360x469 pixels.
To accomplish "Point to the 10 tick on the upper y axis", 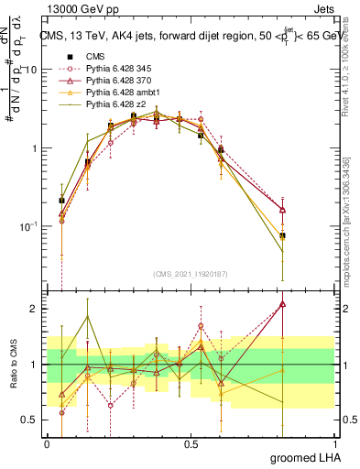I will [32, 70].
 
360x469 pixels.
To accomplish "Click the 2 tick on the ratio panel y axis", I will [35, 309].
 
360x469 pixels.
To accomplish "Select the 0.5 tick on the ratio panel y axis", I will [30, 420].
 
